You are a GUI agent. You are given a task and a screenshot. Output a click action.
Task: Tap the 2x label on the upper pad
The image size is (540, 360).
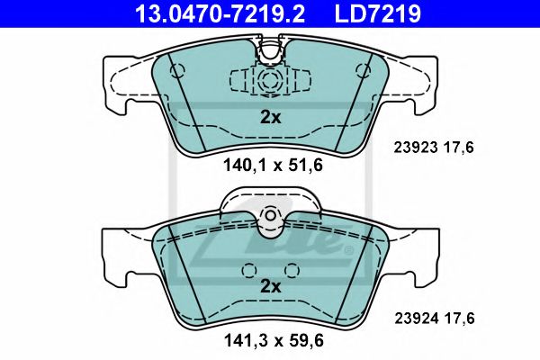click(270, 116)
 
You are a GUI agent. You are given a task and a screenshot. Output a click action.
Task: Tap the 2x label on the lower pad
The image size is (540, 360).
click(270, 287)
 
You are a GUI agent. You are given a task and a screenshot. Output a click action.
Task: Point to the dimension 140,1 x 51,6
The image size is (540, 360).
click(270, 165)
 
